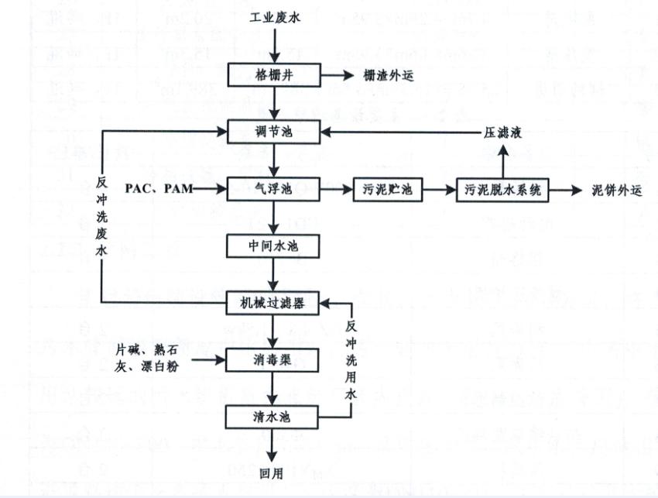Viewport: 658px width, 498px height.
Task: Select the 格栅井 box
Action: point(276,76)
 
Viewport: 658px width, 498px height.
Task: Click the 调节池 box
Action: point(276,132)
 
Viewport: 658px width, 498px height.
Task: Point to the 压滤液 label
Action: point(503,132)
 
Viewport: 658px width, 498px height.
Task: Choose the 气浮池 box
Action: point(276,188)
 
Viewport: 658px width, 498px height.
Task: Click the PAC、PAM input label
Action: point(159,188)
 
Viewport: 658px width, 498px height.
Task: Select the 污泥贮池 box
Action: point(388,189)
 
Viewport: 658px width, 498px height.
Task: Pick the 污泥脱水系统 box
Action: point(506,189)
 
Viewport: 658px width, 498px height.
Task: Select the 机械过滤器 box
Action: point(276,303)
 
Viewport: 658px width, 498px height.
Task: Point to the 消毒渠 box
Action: point(276,359)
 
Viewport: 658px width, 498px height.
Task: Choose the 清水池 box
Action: point(276,416)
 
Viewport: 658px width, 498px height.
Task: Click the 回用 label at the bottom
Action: point(276,473)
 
